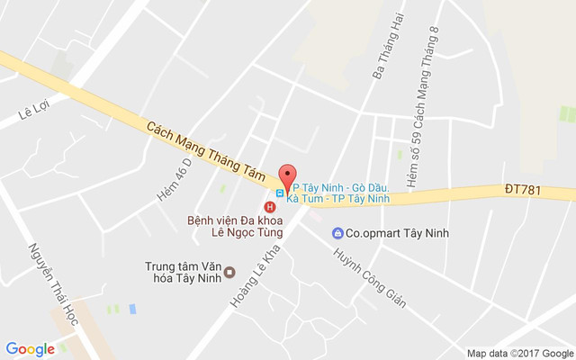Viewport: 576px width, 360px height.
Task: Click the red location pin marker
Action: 287,175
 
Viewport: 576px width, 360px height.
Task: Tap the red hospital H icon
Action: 269,207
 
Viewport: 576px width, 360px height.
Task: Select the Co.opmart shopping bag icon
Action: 337,233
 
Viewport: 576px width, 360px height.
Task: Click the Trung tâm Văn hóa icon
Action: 229,272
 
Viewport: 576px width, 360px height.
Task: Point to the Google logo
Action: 30,349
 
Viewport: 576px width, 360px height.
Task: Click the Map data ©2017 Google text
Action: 520,353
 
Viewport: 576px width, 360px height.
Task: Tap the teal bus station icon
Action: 281,192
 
